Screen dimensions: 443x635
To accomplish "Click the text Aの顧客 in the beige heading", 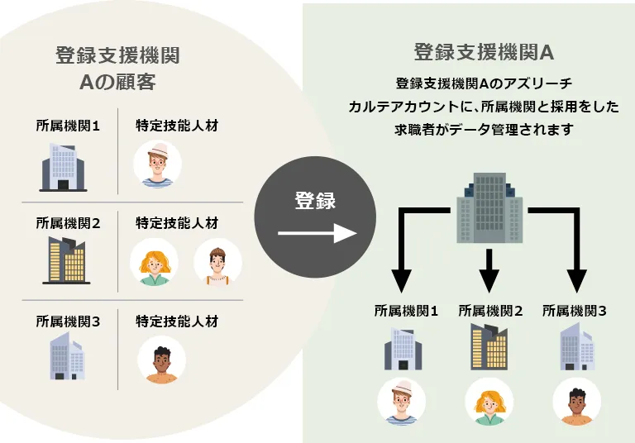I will [x=117, y=83].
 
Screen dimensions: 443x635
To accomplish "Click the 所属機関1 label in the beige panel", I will [x=68, y=126].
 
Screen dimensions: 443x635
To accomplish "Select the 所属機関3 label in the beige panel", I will [x=68, y=321].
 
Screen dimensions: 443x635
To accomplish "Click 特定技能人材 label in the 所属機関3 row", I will [x=177, y=321].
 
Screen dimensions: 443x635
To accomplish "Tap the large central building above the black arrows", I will [x=490, y=207].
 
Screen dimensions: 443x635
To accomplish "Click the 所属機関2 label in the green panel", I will [x=490, y=311].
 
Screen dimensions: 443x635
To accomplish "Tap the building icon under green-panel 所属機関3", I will [x=575, y=346].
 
